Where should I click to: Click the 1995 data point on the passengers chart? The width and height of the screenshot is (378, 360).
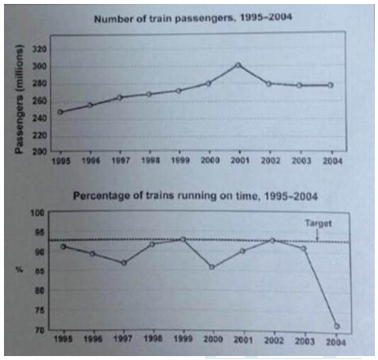click(x=60, y=112)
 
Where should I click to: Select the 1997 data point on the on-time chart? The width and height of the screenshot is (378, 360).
click(x=123, y=263)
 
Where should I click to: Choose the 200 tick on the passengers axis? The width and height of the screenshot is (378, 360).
click(x=37, y=150)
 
